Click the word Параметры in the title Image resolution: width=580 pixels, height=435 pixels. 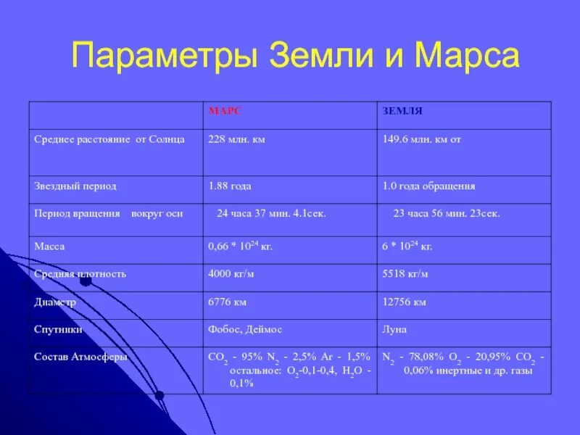(166, 56)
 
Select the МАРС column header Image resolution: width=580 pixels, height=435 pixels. (225, 111)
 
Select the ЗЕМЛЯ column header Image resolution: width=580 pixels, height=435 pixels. (402, 111)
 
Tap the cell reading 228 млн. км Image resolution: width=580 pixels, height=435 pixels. (236, 139)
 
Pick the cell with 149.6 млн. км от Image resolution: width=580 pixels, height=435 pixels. (421, 139)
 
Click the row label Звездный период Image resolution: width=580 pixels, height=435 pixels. (75, 186)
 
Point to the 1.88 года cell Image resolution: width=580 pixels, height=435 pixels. (230, 186)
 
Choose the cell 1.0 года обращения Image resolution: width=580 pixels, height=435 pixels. (428, 186)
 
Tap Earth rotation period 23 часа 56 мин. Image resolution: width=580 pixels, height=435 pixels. (447, 214)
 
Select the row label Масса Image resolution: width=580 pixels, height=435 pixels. (50, 246)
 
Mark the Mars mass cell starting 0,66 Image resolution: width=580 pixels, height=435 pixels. (240, 246)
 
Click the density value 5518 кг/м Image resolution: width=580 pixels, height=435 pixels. (405, 274)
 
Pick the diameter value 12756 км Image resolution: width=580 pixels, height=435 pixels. (404, 302)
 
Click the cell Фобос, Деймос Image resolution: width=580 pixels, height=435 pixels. (245, 329)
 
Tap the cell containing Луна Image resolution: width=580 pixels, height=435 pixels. (394, 329)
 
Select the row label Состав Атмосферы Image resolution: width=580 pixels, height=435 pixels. (81, 357)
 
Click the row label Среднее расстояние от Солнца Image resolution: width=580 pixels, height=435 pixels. (109, 139)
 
